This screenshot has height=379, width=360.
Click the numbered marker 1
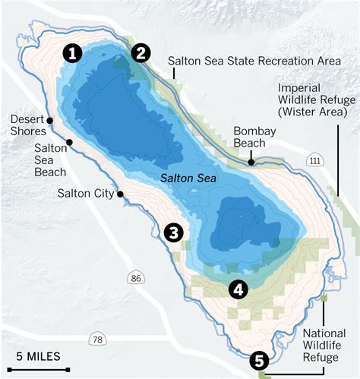[72, 53]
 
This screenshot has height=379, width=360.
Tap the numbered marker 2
[141, 52]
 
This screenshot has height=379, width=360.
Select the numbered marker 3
[174, 232]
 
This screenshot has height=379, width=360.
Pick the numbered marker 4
[238, 289]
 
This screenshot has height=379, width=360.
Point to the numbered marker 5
[259, 361]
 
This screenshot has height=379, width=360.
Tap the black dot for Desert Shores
[49, 120]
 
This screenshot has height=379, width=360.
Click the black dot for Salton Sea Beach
[69, 142]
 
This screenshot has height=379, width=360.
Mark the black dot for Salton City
[120, 194]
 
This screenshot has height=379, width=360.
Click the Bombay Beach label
[254, 137]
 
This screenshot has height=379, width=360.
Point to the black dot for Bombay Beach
[251, 162]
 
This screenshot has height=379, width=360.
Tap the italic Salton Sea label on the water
[188, 179]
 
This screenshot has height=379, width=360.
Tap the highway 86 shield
[137, 279]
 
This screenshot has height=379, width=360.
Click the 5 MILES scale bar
[38, 356]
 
